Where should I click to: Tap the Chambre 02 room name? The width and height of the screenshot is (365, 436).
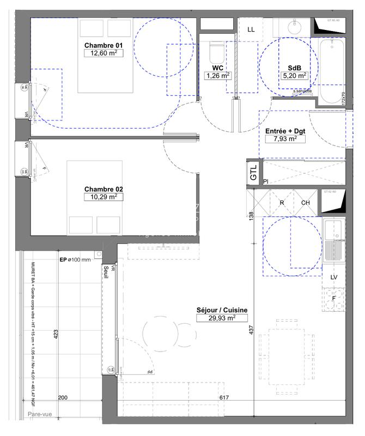tap(104, 189)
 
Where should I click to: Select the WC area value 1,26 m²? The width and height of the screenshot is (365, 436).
tap(218, 76)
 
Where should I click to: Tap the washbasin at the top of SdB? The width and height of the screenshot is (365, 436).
tap(295, 25)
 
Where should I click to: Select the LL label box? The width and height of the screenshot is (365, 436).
tap(251, 29)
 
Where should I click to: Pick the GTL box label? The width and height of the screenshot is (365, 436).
tap(253, 173)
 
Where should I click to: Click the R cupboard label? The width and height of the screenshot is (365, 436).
tap(282, 203)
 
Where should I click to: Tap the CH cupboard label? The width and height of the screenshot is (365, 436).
tap(305, 203)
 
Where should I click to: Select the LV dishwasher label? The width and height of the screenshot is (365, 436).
tap(334, 277)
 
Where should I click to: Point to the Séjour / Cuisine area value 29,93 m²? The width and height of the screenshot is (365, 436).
tap(223, 318)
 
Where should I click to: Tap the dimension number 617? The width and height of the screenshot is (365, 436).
tap(223, 398)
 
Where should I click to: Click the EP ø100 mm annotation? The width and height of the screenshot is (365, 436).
tap(75, 260)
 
